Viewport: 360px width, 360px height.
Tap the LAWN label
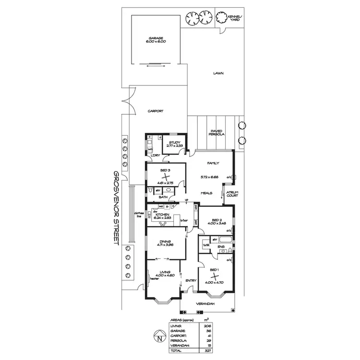[x=219, y=73]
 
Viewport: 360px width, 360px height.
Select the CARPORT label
[x=156, y=111]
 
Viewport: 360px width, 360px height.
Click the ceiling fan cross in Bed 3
[x=165, y=177]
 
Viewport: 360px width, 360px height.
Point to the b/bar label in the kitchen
[x=183, y=221]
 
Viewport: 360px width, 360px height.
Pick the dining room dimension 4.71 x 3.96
[x=164, y=244]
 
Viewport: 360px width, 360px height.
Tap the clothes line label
[x=139, y=214]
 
